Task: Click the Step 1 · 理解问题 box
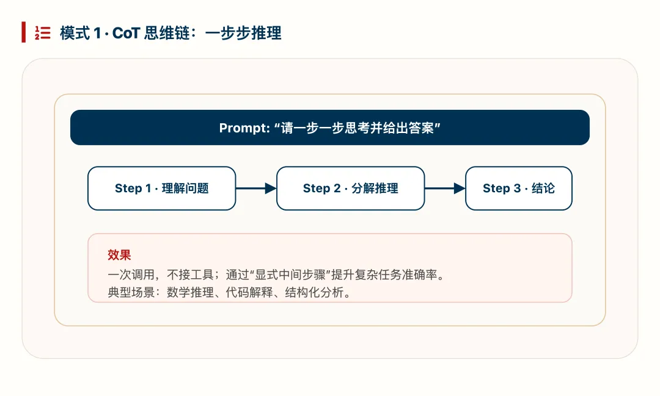click(161, 189)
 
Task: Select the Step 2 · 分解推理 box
click(350, 189)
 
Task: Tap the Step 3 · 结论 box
click(518, 189)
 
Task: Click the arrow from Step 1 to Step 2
click(256, 189)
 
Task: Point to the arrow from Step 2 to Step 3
click(445, 189)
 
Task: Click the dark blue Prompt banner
click(330, 128)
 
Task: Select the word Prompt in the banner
click(243, 128)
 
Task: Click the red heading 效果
click(119, 255)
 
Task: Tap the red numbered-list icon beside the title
click(42, 33)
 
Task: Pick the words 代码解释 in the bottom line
click(250, 293)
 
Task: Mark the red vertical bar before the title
click(23, 32)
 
